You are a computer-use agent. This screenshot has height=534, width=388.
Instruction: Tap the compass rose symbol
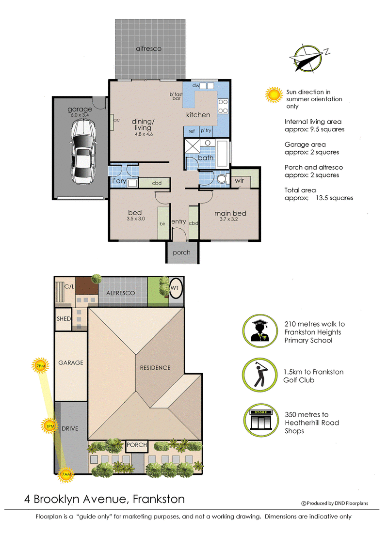pos(308,58)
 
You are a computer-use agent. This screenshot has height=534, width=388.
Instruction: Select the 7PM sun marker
pos(40,366)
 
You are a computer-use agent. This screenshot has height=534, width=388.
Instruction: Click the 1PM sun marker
pos(49,426)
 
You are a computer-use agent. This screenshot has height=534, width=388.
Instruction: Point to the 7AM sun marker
pos(65,474)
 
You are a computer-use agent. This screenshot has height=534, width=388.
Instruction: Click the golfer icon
pos(260,375)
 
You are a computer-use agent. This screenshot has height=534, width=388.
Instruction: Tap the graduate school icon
pos(260,330)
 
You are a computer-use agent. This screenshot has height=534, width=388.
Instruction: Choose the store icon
pos(261,420)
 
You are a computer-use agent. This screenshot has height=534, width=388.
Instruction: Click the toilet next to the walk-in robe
pos(222,178)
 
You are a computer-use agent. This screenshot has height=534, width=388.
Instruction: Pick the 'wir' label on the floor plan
pos(239,180)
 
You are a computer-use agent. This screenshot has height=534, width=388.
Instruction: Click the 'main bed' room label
pos(230,213)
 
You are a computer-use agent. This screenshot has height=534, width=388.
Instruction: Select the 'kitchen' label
pos(198,115)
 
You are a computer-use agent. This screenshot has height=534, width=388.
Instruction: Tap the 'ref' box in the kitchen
pos(191,131)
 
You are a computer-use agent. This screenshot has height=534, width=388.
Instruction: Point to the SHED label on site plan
pos(64,319)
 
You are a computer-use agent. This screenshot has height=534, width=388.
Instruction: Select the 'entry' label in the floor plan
pos(178,222)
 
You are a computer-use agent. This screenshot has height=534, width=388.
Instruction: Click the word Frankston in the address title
pos(159,499)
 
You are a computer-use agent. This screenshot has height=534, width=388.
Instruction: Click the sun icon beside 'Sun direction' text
pos(274,95)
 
